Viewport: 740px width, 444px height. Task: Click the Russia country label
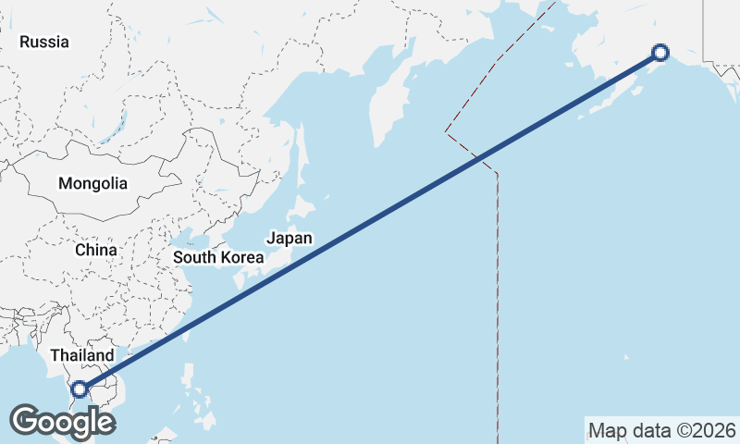pos(44,42)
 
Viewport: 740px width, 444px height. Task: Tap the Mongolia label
pos(92,183)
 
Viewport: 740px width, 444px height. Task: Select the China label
pos(96,250)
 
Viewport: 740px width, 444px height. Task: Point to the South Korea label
pos(219,257)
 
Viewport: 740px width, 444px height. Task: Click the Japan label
pos(290,238)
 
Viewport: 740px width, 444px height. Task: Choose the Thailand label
pos(82,355)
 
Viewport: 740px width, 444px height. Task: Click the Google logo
pos(62,422)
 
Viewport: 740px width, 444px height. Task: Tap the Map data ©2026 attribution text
pos(661,430)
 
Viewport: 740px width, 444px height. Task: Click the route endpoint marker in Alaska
pos(660,53)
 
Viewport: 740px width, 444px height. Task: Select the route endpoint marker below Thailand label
pos(80,389)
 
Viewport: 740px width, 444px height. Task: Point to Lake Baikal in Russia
pos(118,125)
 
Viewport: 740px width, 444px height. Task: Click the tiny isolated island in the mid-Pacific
pos(625,357)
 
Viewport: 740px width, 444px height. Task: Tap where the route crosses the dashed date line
pos(478,159)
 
